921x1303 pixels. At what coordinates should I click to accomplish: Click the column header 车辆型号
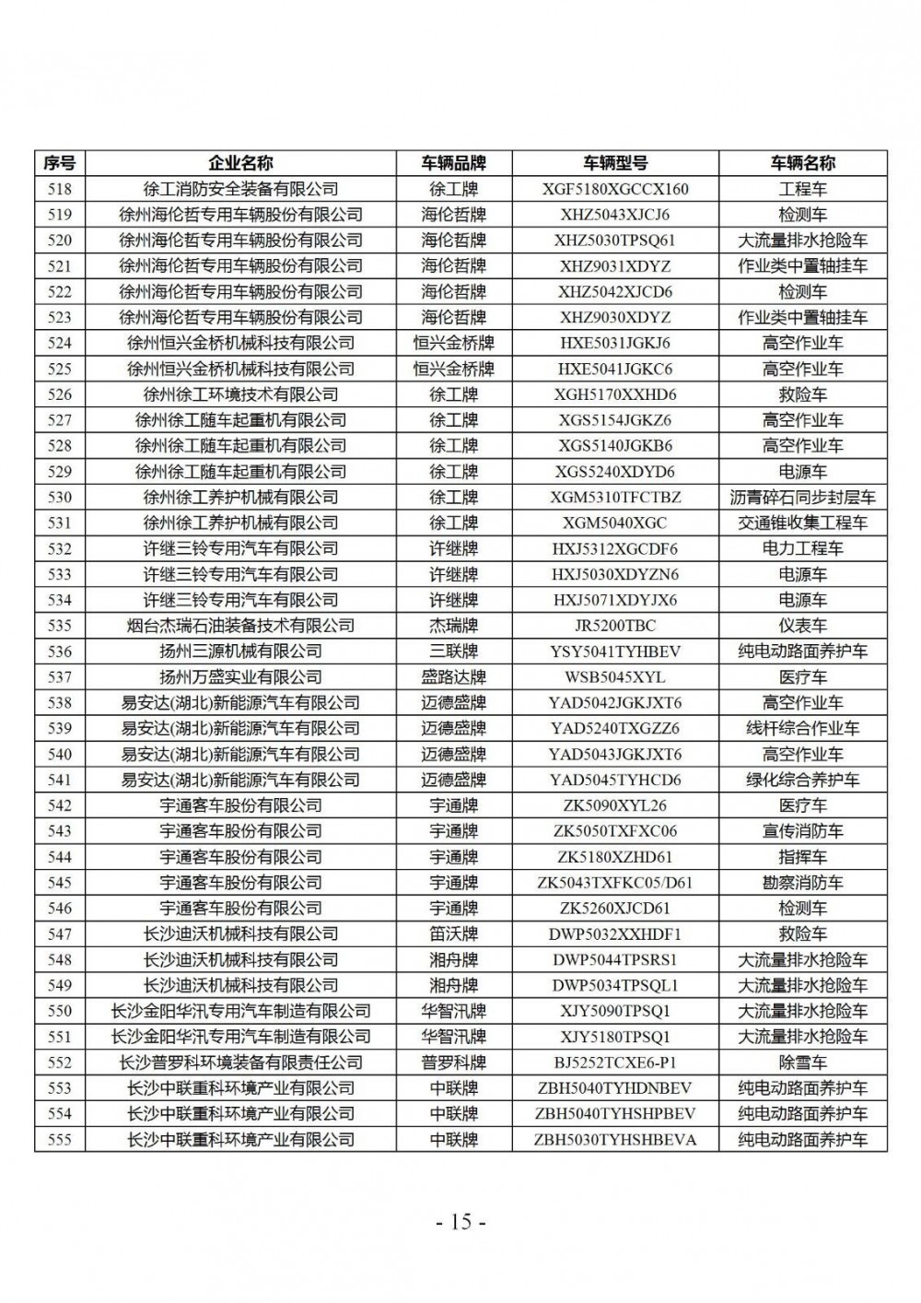coord(615,163)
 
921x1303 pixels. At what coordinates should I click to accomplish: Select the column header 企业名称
coord(240,163)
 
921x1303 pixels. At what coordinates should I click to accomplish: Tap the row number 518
coord(59,189)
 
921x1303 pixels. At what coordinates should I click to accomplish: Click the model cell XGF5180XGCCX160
coord(615,189)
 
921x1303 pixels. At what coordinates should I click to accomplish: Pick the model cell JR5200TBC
coord(615,626)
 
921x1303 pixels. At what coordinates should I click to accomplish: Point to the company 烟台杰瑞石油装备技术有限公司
coord(240,626)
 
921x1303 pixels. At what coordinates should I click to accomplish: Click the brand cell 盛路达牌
coord(454,677)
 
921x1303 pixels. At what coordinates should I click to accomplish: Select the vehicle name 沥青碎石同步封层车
coord(802,498)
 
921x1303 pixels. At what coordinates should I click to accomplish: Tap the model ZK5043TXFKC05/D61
coord(615,883)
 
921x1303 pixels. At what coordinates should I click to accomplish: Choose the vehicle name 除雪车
coord(802,1062)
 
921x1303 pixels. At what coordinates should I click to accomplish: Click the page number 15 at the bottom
coord(460,1222)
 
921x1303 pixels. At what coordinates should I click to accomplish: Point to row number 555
coord(59,1140)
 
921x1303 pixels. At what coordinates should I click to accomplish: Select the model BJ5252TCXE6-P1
coord(615,1062)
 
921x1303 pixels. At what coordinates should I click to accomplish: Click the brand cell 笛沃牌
coord(454,934)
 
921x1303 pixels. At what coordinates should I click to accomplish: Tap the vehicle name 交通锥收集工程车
coord(802,523)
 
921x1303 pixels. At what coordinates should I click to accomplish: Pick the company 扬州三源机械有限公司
coord(240,651)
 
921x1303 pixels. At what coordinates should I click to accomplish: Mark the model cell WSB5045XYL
coord(615,677)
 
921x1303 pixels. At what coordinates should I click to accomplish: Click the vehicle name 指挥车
coord(802,857)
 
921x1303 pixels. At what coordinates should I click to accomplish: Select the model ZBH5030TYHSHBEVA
coord(615,1140)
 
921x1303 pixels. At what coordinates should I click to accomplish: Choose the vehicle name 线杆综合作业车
coord(802,728)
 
